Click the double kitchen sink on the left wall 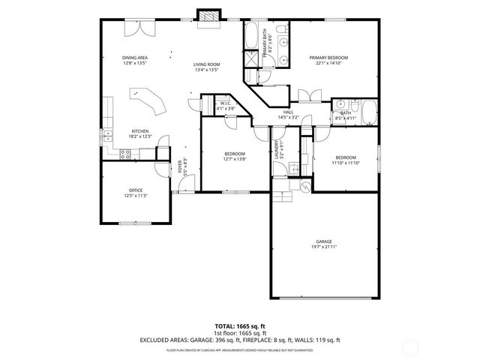(107, 136)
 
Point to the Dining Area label (136, 58)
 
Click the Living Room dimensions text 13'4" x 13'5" (205, 70)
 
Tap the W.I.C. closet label (225, 103)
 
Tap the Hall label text (288, 112)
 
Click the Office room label (136, 190)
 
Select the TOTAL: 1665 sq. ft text (239, 326)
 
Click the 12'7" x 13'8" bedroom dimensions (235, 159)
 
